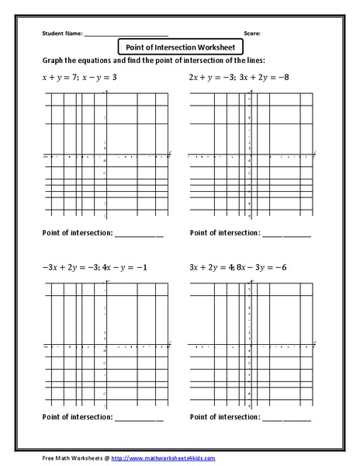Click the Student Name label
pyautogui.click(x=62, y=34)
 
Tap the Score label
pyautogui.click(x=251, y=34)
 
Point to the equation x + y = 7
pyautogui.click(x=60, y=78)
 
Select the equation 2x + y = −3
pyautogui.click(x=209, y=78)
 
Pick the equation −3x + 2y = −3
pyautogui.click(x=67, y=266)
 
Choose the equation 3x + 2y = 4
pyautogui.click(x=211, y=266)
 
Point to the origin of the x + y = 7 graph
pyautogui.click(x=106, y=156)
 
